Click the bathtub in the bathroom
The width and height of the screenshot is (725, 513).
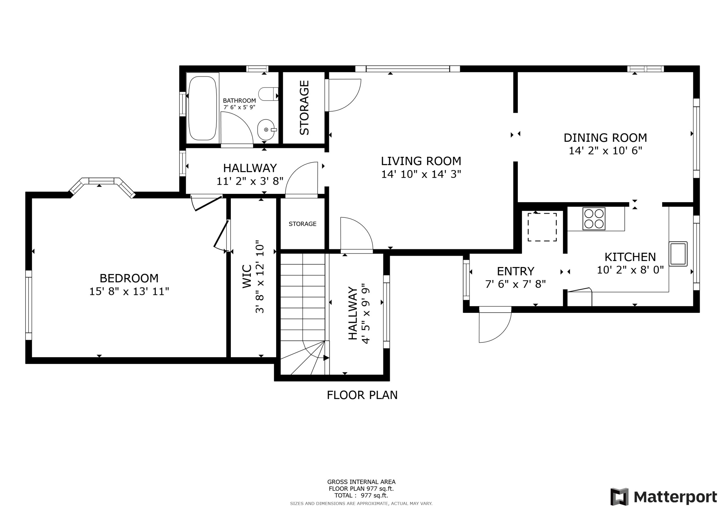click(202, 108)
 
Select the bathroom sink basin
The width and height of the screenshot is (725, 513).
click(266, 130)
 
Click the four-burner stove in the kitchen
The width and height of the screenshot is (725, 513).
click(594, 219)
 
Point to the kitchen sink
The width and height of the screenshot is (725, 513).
click(678, 254)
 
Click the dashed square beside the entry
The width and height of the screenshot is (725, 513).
click(542, 227)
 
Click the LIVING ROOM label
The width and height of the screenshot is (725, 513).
click(421, 161)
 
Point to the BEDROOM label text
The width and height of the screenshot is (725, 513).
click(129, 278)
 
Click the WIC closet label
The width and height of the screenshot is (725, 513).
click(247, 277)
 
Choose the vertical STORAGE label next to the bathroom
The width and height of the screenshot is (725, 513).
click(304, 108)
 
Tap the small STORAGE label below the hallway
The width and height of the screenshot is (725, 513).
click(302, 224)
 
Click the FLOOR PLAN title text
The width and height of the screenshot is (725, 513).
click(362, 395)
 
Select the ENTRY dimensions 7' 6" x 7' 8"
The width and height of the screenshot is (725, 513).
click(516, 284)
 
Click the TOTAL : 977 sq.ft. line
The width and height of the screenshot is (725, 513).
click(361, 495)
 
